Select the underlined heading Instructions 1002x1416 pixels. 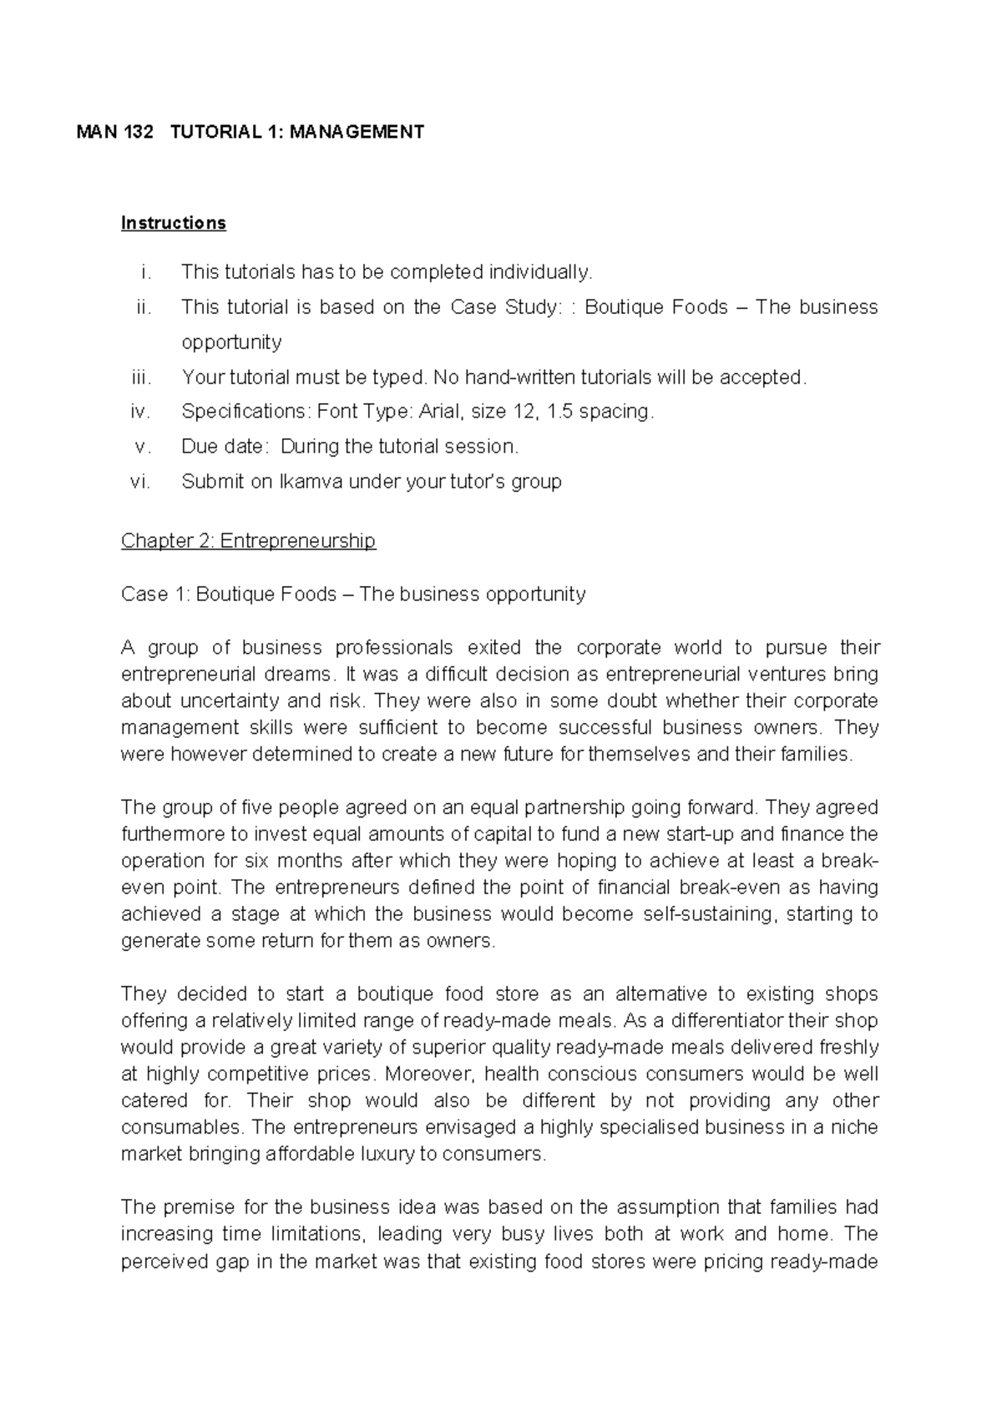(173, 223)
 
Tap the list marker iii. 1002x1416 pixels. (142, 377)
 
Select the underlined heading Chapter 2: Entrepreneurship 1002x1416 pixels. (248, 541)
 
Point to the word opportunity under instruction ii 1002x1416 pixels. (231, 342)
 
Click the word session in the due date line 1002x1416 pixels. (480, 447)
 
